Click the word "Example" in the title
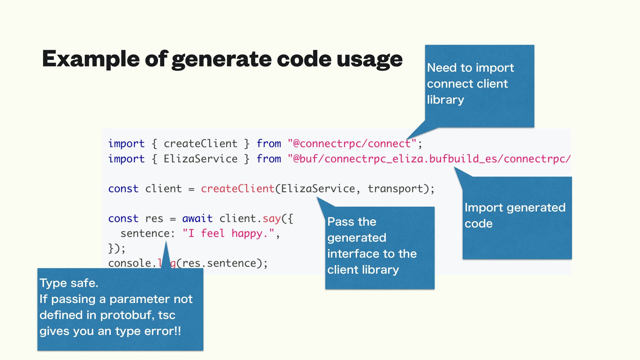90,59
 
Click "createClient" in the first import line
200,144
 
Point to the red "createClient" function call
237,189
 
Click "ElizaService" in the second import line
200,159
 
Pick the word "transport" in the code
395,189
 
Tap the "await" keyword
197,218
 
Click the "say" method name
272,219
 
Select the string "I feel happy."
228,233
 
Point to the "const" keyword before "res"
123,218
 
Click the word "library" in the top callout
445,100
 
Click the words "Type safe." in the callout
69,283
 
